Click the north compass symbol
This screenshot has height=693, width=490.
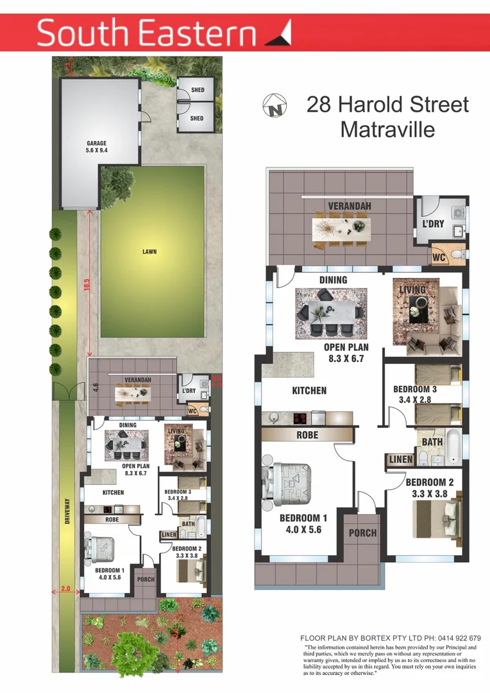click(x=273, y=105)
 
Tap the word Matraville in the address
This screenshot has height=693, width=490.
click(x=387, y=129)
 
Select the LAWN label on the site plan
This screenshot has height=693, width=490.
click(x=149, y=252)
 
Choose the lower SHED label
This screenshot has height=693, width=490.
click(x=197, y=118)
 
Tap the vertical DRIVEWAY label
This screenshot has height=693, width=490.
click(x=67, y=513)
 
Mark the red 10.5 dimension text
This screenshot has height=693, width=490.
click(x=87, y=285)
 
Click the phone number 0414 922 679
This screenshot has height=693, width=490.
click(x=457, y=638)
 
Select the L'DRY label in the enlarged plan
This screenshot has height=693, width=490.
click(x=434, y=225)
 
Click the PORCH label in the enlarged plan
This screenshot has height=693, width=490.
click(x=362, y=533)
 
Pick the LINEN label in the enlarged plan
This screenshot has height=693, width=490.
click(x=401, y=459)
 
